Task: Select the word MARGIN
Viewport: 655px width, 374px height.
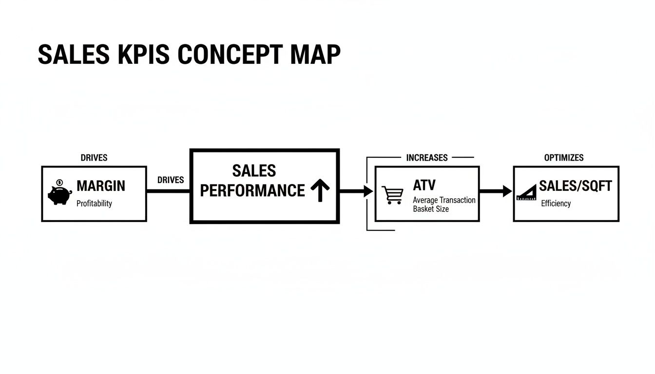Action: coord(101,186)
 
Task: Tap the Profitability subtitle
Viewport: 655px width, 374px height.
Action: coord(94,204)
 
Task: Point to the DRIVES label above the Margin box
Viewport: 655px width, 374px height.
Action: coord(94,158)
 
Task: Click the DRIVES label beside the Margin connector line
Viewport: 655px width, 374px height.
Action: coord(171,180)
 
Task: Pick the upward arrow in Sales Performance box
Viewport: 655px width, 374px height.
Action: coord(320,190)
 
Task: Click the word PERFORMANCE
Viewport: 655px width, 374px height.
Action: coord(252,190)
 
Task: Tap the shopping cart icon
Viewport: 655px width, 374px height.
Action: coord(392,194)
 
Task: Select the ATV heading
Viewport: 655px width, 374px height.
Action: coord(424,185)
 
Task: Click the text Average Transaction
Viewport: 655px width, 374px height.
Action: coord(444,200)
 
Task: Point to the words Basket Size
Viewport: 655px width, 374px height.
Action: coord(431,209)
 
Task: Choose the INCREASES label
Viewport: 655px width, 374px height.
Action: coord(426,158)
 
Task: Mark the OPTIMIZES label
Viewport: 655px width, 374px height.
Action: coord(564,158)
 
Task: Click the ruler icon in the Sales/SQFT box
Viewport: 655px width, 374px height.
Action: coord(526,193)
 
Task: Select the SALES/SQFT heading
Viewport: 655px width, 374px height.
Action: coord(575,186)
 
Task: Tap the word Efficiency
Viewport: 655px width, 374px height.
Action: coord(556,204)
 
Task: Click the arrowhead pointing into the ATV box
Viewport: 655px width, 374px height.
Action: coord(368,191)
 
